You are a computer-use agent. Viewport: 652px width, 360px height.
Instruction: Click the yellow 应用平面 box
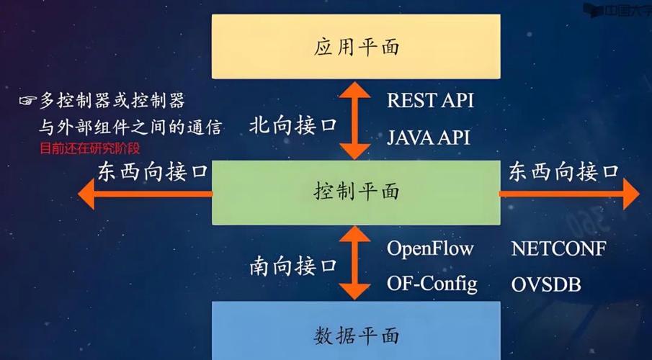pyautogui.click(x=357, y=48)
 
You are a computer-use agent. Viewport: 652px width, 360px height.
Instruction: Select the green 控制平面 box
pyautogui.click(x=357, y=192)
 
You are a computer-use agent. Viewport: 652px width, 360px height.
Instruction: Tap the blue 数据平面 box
pyautogui.click(x=357, y=335)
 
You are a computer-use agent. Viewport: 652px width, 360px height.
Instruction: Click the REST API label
pyautogui.click(x=430, y=100)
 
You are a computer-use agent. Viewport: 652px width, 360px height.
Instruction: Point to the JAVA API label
pyautogui.click(x=428, y=137)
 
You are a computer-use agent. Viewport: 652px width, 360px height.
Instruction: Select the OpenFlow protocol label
pyautogui.click(x=430, y=248)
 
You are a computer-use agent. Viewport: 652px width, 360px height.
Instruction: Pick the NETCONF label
pyautogui.click(x=558, y=248)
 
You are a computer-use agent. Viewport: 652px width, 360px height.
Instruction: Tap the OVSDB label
pyautogui.click(x=546, y=284)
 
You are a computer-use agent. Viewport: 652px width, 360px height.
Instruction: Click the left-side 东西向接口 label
pyautogui.click(x=152, y=172)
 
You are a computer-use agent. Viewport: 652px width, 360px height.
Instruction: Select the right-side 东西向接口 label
pyautogui.click(x=564, y=171)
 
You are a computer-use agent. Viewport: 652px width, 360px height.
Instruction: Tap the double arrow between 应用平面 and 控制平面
pyautogui.click(x=356, y=120)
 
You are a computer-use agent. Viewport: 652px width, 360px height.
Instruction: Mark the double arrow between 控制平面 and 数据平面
pyautogui.click(x=356, y=263)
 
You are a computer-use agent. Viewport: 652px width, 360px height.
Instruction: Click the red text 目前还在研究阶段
pyautogui.click(x=89, y=149)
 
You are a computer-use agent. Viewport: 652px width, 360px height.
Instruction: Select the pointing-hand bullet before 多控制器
pyautogui.click(x=28, y=101)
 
